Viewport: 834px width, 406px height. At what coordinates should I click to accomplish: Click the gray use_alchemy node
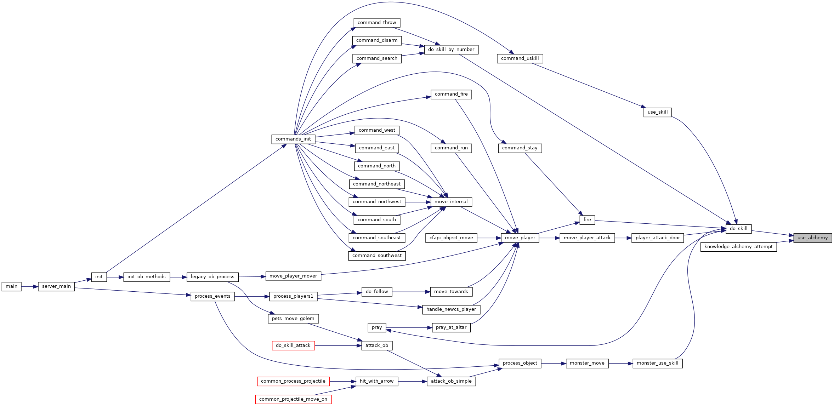(x=812, y=238)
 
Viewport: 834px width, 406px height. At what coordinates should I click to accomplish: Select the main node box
(x=11, y=286)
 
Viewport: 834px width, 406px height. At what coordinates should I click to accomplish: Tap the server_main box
(x=56, y=286)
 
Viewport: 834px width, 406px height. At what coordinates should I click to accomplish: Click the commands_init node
(x=293, y=139)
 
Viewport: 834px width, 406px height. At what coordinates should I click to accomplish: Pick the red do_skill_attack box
(x=293, y=345)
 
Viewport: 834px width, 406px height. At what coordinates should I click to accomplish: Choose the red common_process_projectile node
(x=293, y=381)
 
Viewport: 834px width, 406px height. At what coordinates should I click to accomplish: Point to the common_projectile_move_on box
(x=293, y=399)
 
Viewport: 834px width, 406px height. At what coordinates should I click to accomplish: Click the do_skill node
(x=738, y=229)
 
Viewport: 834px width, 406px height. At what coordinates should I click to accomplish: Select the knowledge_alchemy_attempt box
(x=738, y=247)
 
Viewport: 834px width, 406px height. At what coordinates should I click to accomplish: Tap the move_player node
(x=520, y=238)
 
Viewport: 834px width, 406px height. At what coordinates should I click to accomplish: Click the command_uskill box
(x=520, y=58)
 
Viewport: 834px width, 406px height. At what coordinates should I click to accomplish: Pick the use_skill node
(x=658, y=112)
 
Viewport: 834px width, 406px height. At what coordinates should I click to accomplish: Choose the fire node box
(x=587, y=220)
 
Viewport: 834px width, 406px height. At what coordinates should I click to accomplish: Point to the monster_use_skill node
(x=658, y=363)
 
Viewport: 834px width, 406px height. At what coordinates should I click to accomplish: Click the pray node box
(x=377, y=328)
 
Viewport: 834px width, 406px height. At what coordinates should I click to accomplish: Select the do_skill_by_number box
(x=451, y=50)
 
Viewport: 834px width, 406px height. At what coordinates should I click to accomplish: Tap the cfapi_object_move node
(x=451, y=238)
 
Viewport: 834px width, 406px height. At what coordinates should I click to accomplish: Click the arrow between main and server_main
(x=30, y=286)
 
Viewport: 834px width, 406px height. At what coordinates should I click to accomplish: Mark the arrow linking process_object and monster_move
(x=554, y=363)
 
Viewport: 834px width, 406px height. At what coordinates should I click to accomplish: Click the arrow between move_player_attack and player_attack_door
(x=623, y=238)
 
